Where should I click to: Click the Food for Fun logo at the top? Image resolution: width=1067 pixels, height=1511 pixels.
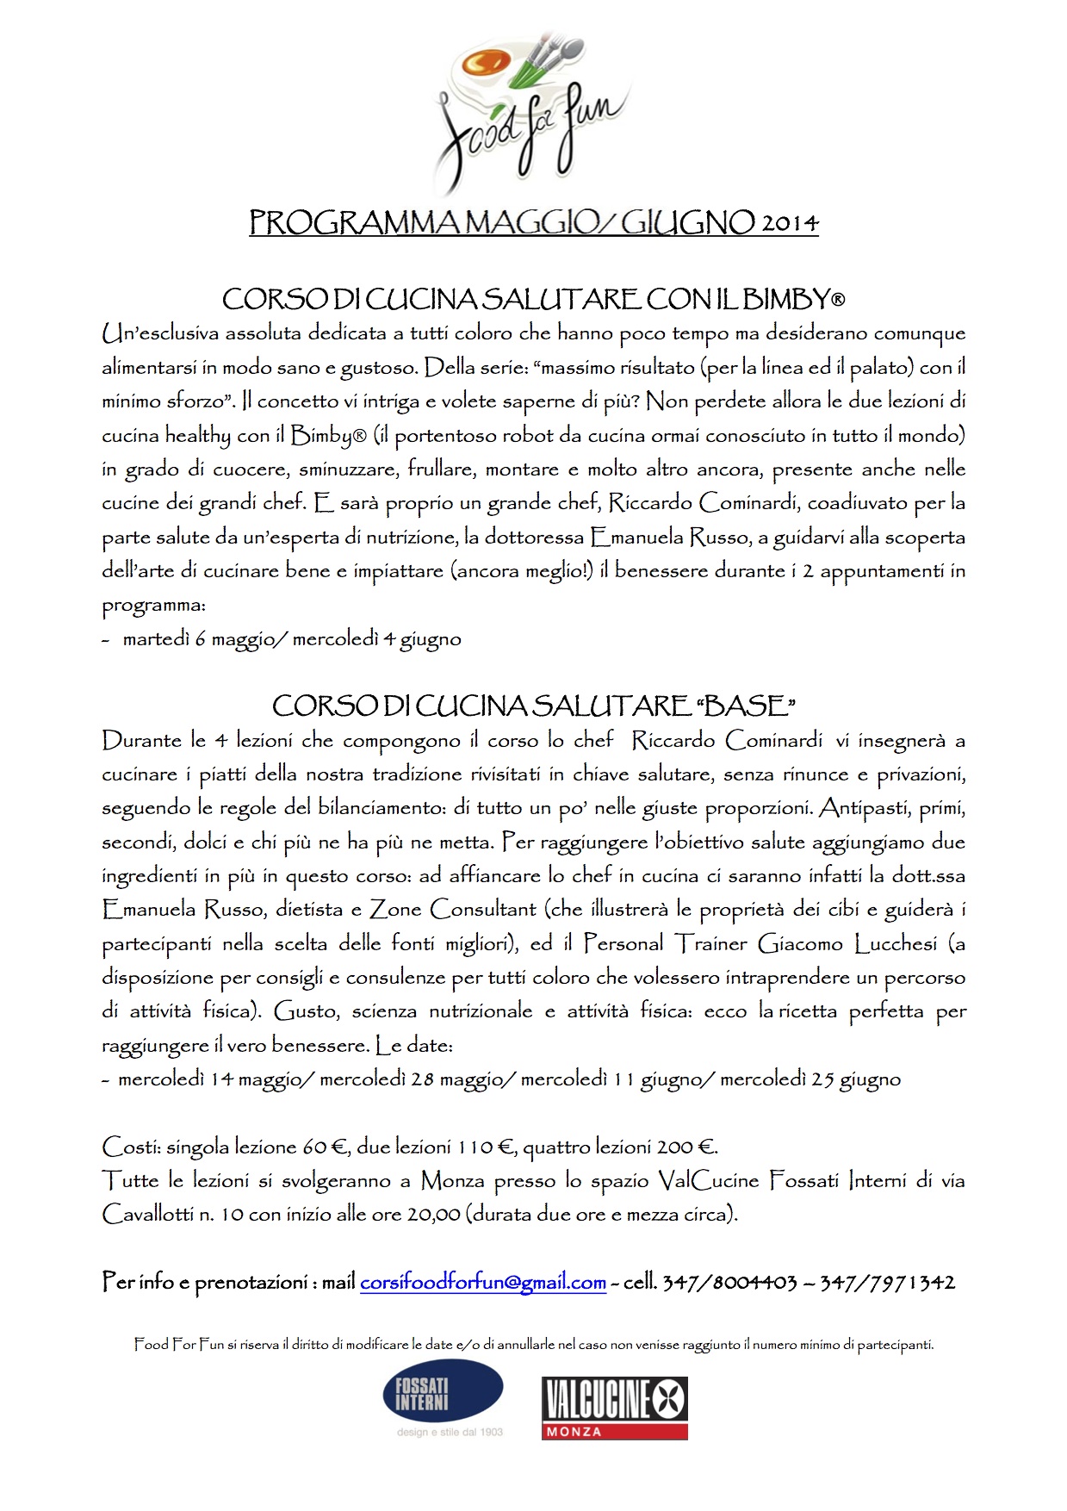tap(532, 112)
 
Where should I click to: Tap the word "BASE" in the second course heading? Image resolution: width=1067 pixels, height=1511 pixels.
tap(745, 706)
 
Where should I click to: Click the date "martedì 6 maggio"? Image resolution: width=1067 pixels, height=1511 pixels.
tap(194, 639)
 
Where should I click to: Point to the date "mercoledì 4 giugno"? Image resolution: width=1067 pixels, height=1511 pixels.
tap(376, 639)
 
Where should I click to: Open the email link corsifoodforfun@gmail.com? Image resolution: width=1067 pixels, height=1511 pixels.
tap(482, 1283)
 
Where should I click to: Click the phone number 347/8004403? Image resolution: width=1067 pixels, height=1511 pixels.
tap(729, 1283)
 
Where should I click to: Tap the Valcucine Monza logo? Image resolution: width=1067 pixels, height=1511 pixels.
tap(614, 1408)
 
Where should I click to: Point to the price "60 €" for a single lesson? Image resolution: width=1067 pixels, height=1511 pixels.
tap(326, 1147)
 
